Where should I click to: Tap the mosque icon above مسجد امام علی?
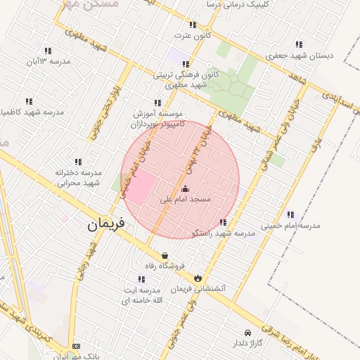[186, 188]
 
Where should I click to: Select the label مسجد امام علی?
[186, 200]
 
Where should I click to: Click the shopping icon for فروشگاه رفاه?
[165, 255]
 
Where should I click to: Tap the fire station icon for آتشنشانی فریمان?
[198, 278]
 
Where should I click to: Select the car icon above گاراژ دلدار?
[247, 333]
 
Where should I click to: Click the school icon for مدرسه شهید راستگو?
[224, 222]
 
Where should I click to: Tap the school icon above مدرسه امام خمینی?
[290, 214]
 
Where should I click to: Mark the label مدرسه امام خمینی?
[290, 226]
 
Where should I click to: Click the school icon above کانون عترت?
[193, 24]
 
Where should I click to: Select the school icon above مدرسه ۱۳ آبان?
[48, 51]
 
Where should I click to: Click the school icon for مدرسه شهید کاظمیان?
[29, 101]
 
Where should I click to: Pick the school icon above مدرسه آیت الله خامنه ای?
[142, 279]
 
